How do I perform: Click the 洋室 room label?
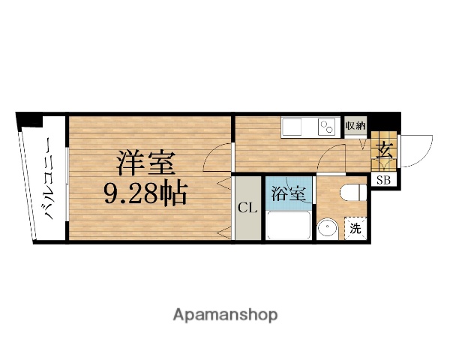145,163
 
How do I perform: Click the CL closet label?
247,208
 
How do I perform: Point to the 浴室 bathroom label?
288,193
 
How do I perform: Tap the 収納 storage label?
355,125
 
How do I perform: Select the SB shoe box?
383,179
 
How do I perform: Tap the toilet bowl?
351,194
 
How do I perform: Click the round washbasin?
326,229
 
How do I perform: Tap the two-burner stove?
328,127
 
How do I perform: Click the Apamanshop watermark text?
224,313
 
